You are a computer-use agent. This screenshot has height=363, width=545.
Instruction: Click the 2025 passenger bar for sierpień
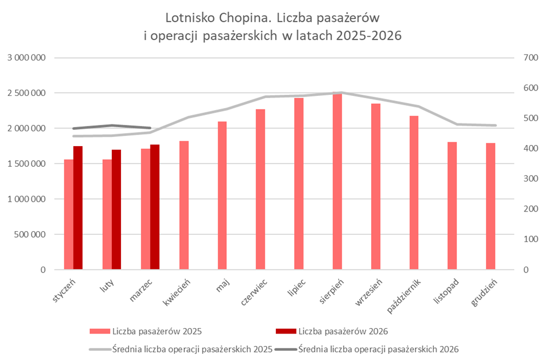[x=337, y=183]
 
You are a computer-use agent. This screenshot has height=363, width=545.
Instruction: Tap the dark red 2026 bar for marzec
[x=155, y=207]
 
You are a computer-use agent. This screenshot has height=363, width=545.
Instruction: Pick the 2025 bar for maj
[x=222, y=196]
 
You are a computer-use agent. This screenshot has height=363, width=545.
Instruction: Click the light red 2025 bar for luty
[x=107, y=215]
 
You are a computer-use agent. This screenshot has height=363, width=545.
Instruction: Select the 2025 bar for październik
[x=414, y=193]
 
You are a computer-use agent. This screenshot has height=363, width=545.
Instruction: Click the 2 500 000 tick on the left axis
[x=26, y=93]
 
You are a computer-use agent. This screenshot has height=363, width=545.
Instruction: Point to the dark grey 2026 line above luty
[x=111, y=125]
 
